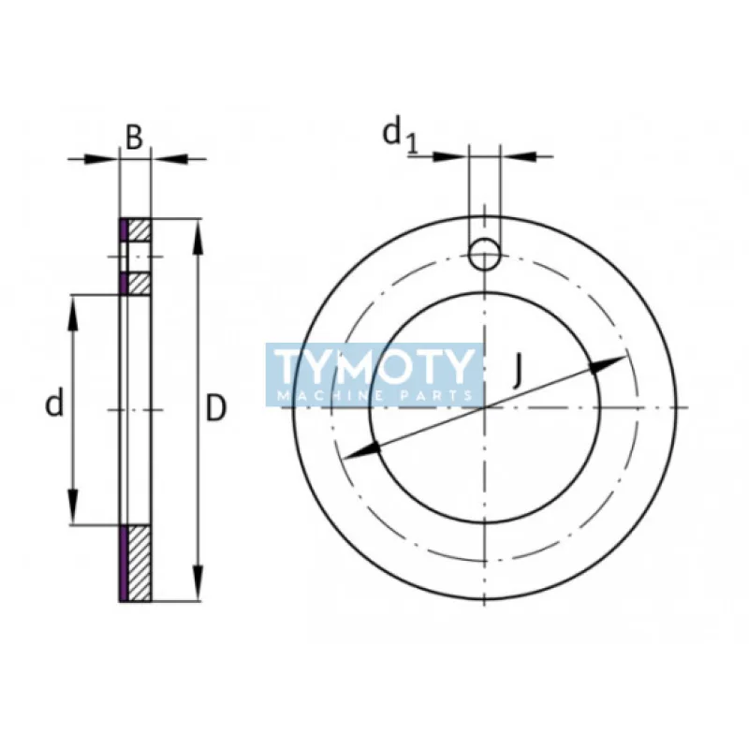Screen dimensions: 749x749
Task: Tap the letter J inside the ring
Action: (x=518, y=373)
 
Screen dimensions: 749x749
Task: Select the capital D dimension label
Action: (x=216, y=409)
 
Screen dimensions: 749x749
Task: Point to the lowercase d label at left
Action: (x=55, y=404)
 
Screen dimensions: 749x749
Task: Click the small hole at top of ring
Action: (x=485, y=253)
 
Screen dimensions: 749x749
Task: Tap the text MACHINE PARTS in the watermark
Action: (x=374, y=396)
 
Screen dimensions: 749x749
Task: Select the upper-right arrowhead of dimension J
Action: (x=614, y=361)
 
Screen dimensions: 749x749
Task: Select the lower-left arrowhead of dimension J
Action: (x=360, y=452)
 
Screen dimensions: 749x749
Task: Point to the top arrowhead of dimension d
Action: (x=73, y=309)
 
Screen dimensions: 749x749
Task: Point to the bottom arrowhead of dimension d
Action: (x=73, y=510)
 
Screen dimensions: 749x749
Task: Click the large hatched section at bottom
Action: (x=139, y=562)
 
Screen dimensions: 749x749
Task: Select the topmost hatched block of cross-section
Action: (x=139, y=228)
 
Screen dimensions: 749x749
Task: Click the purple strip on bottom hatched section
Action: (x=123, y=562)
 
